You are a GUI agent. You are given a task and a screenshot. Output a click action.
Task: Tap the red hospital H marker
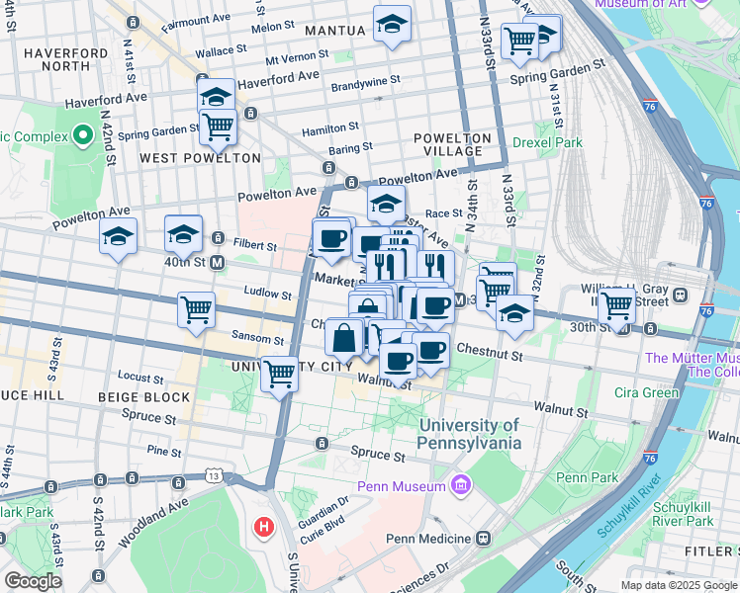[264, 527]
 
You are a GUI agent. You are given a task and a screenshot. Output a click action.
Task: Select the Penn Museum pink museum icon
[459, 485]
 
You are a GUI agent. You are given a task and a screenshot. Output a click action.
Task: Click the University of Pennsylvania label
[469, 434]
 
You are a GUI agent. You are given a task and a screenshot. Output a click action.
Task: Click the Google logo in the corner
[33, 581]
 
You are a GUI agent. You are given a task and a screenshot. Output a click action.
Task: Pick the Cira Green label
[647, 392]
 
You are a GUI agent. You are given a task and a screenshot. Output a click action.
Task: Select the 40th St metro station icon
[217, 262]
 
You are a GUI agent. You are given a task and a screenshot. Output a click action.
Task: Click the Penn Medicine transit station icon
[483, 538]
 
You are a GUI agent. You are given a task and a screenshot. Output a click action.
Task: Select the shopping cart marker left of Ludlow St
[196, 308]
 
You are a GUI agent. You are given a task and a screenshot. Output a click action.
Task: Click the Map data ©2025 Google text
[678, 585]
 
